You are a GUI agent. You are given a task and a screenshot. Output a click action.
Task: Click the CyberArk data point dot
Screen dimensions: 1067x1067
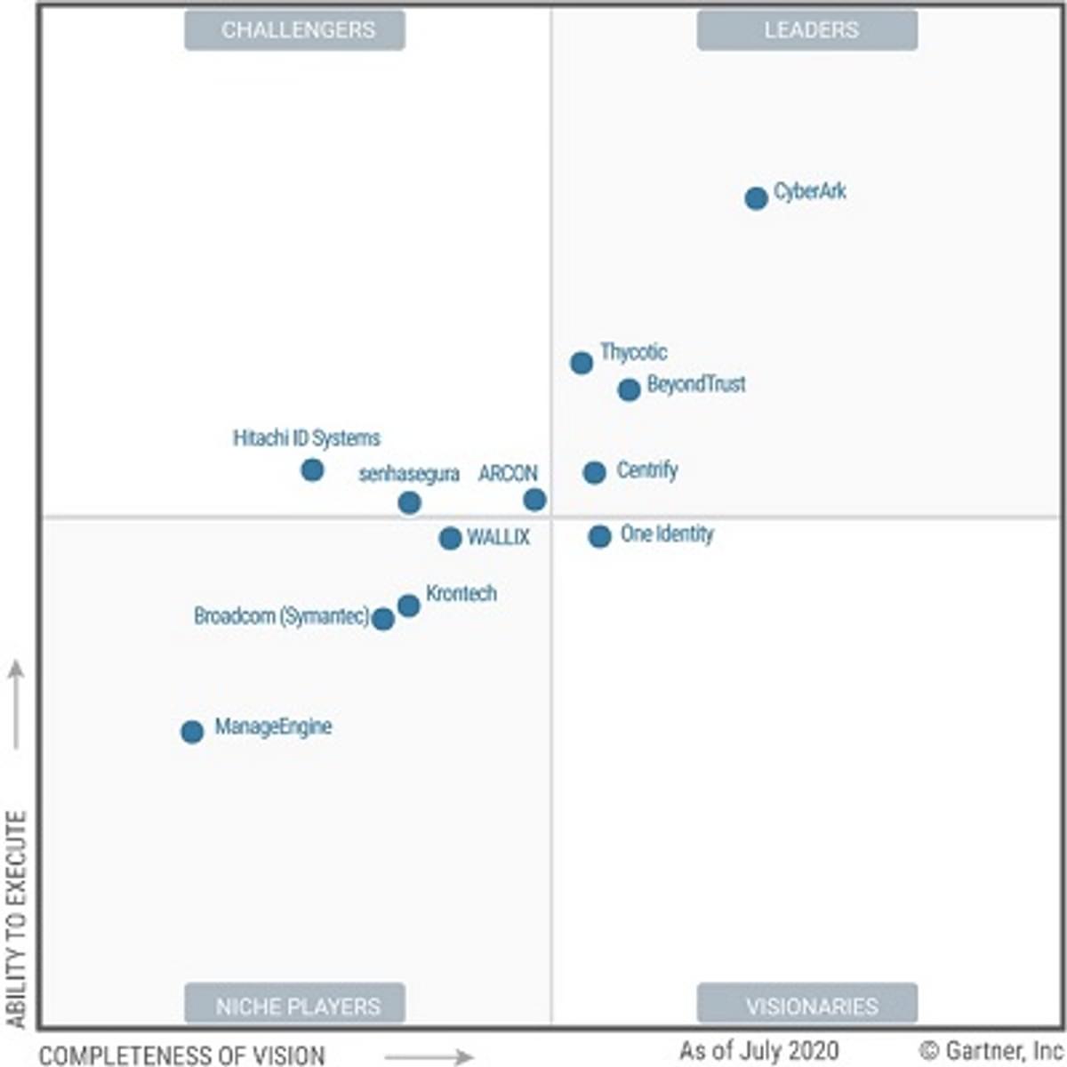(756, 198)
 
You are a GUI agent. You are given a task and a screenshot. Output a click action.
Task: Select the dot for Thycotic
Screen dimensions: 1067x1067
(582, 363)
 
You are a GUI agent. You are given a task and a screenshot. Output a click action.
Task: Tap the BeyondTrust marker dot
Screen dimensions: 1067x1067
(629, 389)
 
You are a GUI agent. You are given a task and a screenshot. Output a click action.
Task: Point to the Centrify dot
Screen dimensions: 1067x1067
(595, 472)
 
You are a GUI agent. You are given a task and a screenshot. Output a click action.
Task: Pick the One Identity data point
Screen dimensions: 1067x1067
(599, 536)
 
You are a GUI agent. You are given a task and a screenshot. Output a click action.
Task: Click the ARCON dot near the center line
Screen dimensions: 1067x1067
(534, 500)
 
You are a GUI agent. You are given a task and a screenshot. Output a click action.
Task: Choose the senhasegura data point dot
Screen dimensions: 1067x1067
(409, 503)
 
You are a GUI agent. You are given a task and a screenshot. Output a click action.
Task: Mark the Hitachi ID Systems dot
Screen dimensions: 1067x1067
(312, 469)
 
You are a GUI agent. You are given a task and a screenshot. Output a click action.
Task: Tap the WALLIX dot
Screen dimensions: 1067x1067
(450, 538)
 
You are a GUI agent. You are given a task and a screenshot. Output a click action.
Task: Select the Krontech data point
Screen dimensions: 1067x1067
(408, 606)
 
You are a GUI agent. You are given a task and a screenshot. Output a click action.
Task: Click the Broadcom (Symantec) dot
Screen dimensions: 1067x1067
(383, 619)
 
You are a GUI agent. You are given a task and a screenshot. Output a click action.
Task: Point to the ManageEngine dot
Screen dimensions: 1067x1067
(192, 732)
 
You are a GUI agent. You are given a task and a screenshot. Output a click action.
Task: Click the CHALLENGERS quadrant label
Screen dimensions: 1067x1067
(295, 30)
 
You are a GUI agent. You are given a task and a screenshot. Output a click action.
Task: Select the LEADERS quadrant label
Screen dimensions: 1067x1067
(807, 30)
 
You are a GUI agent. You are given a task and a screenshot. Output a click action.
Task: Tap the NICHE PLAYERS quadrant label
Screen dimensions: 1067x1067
(295, 1005)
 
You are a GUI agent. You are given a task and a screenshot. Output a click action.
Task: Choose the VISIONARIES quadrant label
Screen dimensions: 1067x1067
(807, 1005)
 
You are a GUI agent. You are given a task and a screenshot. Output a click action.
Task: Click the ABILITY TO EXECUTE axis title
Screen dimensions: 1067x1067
(17, 920)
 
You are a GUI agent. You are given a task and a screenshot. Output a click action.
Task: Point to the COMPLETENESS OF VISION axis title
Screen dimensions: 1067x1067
(182, 1055)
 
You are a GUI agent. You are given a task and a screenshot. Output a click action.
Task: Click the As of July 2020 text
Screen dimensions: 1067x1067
(758, 1051)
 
